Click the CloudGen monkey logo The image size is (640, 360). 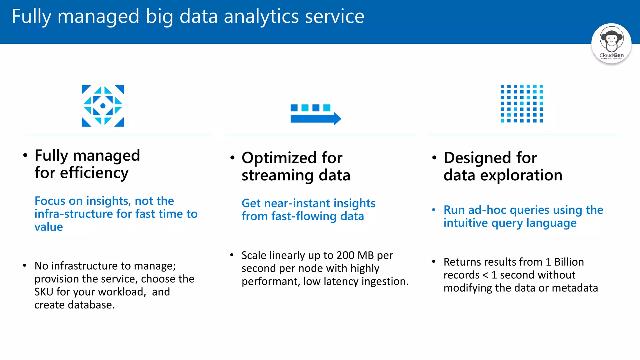[x=611, y=43]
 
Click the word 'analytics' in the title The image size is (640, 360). [x=261, y=17]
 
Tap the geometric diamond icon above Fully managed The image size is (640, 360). [x=103, y=106]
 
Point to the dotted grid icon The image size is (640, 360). [x=522, y=103]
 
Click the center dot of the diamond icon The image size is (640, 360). [x=103, y=106]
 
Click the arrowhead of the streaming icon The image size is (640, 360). [x=337, y=118]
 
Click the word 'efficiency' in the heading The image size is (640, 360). [x=94, y=173]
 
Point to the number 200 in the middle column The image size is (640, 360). [x=345, y=255]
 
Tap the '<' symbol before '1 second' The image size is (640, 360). [x=485, y=275]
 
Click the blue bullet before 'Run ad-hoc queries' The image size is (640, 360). [x=433, y=210]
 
